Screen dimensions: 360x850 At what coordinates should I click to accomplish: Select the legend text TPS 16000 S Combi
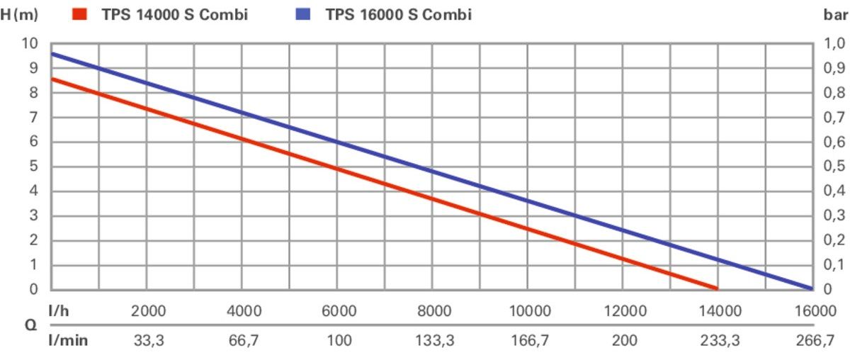click(x=398, y=14)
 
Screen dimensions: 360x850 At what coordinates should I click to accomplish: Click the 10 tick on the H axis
click(x=29, y=43)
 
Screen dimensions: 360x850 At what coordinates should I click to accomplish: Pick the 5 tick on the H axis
click(x=33, y=167)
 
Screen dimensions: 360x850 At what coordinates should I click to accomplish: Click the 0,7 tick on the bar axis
click(x=837, y=118)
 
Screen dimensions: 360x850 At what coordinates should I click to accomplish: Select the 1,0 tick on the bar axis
click(x=837, y=43)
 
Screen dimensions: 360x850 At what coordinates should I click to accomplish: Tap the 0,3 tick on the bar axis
click(x=837, y=216)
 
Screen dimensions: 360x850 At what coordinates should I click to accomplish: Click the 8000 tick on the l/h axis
click(x=434, y=312)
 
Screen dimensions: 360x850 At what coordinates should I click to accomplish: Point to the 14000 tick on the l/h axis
click(x=719, y=312)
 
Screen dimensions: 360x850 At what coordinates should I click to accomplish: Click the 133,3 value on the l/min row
click(x=434, y=341)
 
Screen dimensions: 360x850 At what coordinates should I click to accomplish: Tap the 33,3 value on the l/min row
click(x=149, y=341)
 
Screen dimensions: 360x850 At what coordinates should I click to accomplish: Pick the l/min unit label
click(x=68, y=341)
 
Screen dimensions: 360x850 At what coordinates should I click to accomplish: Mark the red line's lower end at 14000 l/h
click(x=716, y=288)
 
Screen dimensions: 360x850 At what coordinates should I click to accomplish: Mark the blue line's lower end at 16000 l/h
click(x=810, y=288)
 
